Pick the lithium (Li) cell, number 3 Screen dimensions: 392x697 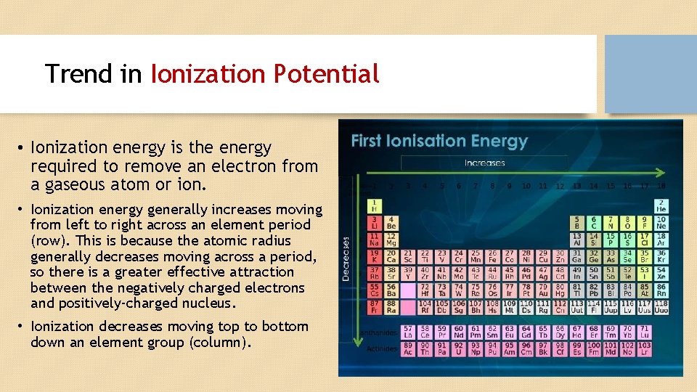pyautogui.click(x=375, y=222)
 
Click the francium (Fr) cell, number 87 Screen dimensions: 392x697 pyautogui.click(x=375, y=306)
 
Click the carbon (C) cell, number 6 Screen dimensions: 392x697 pyautogui.click(x=594, y=222)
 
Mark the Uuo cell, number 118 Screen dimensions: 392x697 pyautogui.click(x=661, y=306)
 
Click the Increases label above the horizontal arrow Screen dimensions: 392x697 pyautogui.click(x=484, y=163)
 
